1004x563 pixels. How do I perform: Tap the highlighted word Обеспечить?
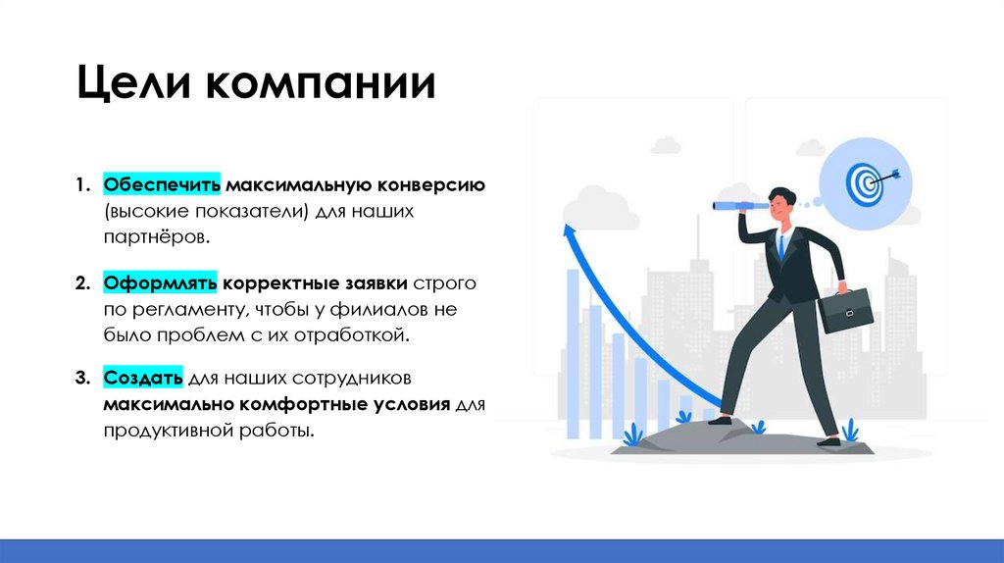[162, 184]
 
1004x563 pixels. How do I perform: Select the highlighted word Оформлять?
[161, 283]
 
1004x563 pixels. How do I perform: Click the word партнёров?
[156, 237]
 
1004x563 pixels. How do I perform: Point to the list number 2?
[82, 284]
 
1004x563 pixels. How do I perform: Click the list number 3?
[82, 379]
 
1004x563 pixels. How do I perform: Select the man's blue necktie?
[781, 244]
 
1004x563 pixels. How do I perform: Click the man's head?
[780, 201]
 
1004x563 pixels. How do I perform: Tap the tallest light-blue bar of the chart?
[572, 353]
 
